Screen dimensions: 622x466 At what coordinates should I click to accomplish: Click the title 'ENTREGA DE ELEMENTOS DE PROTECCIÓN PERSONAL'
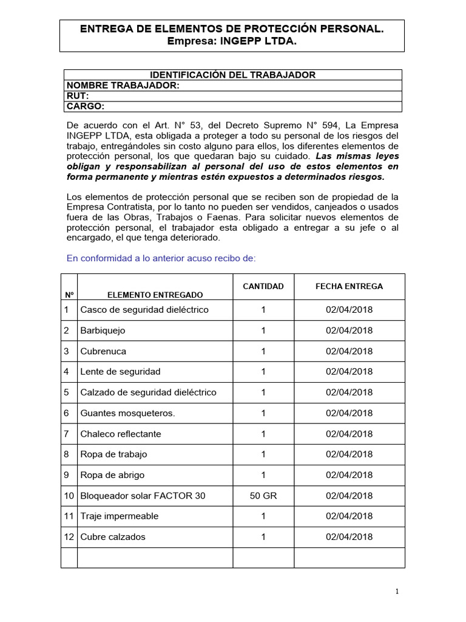click(232, 29)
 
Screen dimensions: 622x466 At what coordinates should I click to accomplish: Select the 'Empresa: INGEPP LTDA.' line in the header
click(232, 41)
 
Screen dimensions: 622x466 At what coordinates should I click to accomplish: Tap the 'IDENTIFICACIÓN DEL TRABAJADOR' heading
click(232, 75)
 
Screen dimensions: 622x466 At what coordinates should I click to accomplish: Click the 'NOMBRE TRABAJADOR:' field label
click(123, 86)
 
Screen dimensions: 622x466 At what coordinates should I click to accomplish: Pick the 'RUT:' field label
click(78, 96)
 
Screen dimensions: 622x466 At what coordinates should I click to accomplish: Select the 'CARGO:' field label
click(86, 106)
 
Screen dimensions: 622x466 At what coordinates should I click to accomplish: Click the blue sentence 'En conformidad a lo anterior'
click(161, 258)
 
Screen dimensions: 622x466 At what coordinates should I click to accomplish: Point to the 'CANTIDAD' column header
click(263, 286)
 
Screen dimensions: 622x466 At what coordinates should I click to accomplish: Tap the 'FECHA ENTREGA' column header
click(349, 286)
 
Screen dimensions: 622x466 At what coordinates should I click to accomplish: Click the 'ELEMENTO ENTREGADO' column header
click(155, 295)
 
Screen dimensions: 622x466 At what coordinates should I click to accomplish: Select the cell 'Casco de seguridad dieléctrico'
click(144, 310)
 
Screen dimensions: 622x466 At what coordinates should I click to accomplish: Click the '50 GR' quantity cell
click(263, 496)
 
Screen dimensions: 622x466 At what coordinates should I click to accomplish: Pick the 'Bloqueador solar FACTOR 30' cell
click(143, 496)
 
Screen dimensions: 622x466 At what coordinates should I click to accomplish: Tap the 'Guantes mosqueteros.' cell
click(127, 413)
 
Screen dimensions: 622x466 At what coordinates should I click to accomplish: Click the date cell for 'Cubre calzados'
click(349, 537)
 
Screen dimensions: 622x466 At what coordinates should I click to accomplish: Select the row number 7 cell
click(67, 434)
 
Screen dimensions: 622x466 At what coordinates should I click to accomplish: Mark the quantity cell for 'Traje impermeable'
click(263, 516)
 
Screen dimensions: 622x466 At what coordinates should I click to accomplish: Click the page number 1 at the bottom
click(397, 592)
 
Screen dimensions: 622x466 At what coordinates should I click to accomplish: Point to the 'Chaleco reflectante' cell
click(121, 434)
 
